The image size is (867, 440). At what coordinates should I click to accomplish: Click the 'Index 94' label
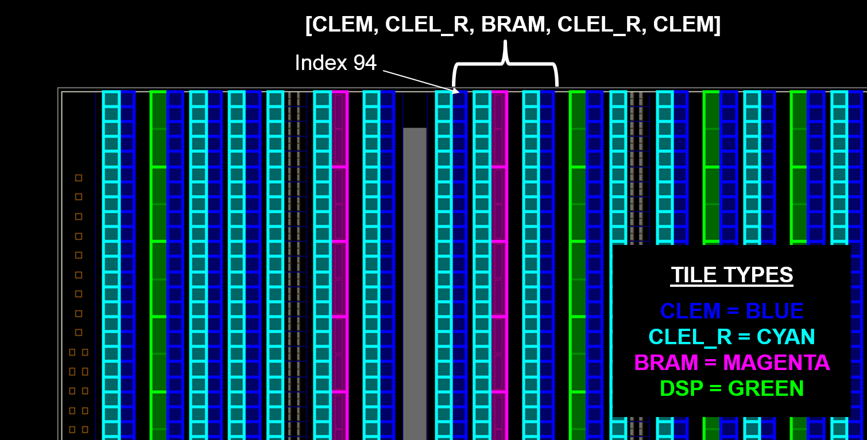335,63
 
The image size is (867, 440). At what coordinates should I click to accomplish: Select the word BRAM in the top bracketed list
513,24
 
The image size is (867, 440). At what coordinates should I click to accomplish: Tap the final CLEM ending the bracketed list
684,24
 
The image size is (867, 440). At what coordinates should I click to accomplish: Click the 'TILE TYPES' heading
732,275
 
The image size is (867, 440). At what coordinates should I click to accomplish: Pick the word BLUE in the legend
775,311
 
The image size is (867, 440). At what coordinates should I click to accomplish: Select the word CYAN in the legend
785,337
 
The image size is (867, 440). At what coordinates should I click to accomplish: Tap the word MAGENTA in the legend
776,363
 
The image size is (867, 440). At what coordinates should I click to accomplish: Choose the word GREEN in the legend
766,388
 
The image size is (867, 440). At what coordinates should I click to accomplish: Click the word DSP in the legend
681,388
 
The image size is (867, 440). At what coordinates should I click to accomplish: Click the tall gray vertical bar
415,284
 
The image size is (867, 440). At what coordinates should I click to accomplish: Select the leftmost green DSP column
158,265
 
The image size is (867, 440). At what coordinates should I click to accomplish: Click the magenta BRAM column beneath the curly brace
500,265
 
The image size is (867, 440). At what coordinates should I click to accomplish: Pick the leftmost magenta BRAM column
340,265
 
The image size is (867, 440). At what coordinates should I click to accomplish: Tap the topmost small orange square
79,178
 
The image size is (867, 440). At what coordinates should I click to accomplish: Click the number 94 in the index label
365,63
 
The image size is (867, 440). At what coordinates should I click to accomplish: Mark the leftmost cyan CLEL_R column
111,265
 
